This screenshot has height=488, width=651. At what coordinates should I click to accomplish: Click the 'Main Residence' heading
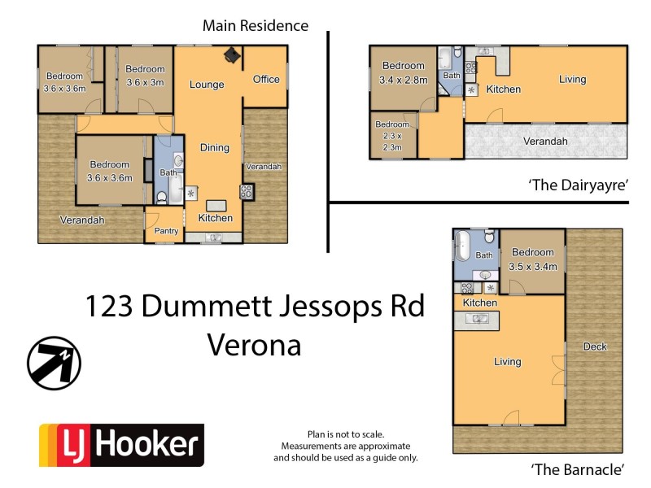(x=255, y=26)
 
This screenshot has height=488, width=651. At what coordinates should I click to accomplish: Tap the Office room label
(x=266, y=79)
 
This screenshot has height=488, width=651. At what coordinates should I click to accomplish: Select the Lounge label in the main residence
(x=207, y=85)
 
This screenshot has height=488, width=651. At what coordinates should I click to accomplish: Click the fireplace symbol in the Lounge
(x=233, y=55)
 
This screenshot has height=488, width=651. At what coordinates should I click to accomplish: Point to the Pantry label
(x=166, y=231)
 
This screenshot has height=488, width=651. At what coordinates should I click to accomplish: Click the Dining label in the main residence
(x=215, y=147)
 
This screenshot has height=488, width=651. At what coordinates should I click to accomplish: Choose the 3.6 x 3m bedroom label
(x=145, y=76)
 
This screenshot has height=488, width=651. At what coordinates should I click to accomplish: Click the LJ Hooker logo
(x=121, y=445)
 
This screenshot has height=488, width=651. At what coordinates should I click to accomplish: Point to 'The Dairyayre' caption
(x=579, y=185)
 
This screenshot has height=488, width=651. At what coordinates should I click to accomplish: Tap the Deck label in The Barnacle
(x=595, y=346)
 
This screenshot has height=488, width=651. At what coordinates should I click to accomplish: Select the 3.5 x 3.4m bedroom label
(x=533, y=259)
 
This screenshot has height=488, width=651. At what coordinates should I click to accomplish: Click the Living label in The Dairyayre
(x=572, y=80)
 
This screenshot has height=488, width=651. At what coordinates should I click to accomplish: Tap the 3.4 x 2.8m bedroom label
(x=404, y=73)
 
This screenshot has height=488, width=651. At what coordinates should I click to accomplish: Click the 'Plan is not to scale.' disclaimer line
(x=345, y=435)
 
